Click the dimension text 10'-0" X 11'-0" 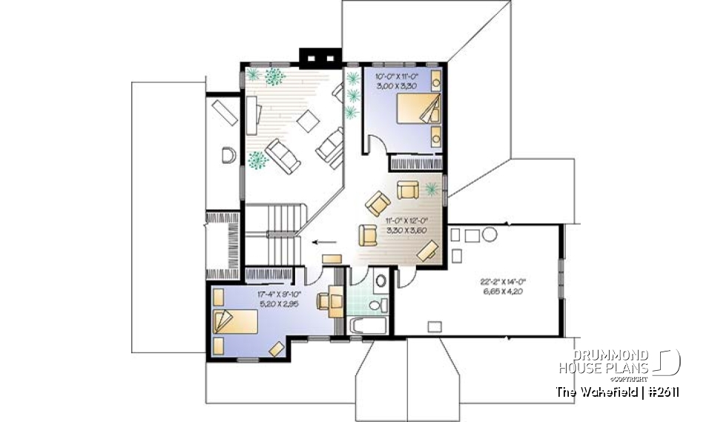(x=398, y=76)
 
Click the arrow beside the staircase (x=323, y=241)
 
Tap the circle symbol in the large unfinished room (x=489, y=236)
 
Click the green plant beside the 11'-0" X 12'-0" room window (x=432, y=188)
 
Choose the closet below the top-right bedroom (x=415, y=162)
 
